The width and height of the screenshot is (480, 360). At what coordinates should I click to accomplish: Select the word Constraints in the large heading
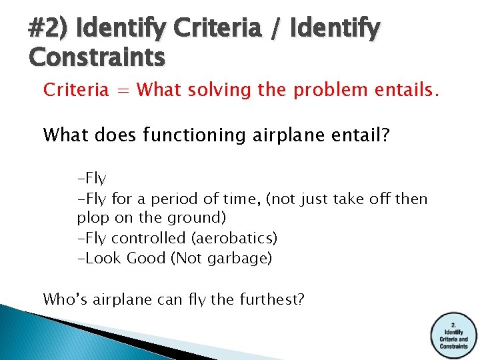pos(97,58)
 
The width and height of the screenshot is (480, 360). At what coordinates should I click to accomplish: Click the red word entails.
pos(406,90)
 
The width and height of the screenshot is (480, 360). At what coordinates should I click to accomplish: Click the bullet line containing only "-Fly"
pos(92,179)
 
